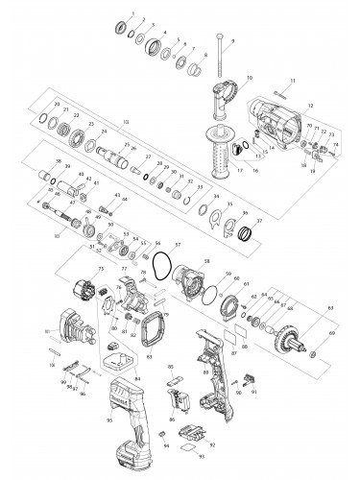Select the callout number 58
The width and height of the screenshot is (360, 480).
pos(208,260)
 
